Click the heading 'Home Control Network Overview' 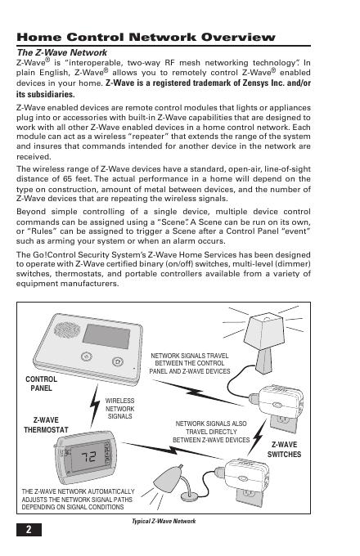[x=146, y=38]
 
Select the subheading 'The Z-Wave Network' [x=61, y=52]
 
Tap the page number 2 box [x=29, y=529]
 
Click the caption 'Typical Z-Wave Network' [x=164, y=521]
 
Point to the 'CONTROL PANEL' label [x=41, y=383]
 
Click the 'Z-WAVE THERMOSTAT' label [x=46, y=425]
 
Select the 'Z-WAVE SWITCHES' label [x=284, y=449]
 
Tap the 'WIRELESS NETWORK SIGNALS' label [x=120, y=409]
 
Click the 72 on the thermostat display [x=88, y=457]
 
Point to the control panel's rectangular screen [x=106, y=336]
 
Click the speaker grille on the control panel [x=67, y=330]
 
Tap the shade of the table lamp [x=264, y=331]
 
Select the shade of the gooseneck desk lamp [x=168, y=478]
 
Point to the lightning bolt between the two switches [x=258, y=437]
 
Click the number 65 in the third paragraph [x=68, y=179]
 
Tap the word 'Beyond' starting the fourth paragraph [x=31, y=212]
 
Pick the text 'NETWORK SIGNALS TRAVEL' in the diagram [x=189, y=356]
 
